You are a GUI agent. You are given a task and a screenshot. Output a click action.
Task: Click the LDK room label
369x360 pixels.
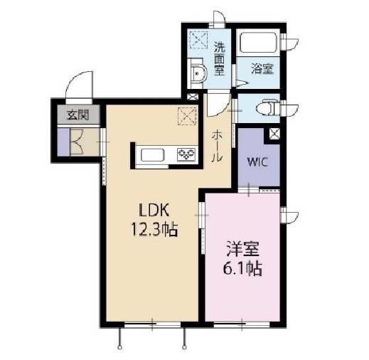coord(151,211)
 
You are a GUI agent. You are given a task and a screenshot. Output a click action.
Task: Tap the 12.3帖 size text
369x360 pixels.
coord(152,230)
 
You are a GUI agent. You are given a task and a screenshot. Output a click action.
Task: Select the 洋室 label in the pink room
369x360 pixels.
coord(242,250)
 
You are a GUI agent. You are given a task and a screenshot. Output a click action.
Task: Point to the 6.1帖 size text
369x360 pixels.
coord(242,270)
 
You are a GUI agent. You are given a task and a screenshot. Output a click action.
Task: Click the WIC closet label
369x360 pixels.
coord(257,161)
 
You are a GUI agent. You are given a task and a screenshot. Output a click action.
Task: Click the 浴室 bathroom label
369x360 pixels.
coord(262,69)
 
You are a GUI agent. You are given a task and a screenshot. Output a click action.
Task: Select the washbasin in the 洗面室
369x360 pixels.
coord(198,72)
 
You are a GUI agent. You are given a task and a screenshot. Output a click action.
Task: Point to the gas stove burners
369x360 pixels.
coord(187,155)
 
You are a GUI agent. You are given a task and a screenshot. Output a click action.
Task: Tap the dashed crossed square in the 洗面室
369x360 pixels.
coord(198,41)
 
